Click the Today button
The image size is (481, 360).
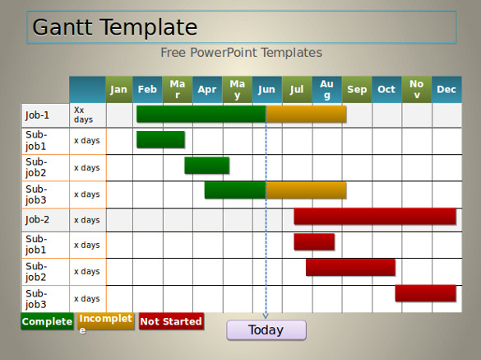tap(266, 330)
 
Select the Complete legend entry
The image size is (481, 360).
tap(47, 321)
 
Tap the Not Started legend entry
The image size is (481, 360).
tap(171, 321)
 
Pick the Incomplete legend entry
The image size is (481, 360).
tap(106, 321)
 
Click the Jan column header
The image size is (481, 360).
tap(119, 90)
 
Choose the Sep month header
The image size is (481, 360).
tap(357, 90)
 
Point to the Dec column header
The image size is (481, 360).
tap(446, 90)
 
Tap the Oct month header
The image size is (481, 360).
tap(386, 90)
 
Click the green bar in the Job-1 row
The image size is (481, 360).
tap(201, 114)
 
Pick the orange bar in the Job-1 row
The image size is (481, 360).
tap(306, 114)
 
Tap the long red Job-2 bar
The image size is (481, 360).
tap(375, 216)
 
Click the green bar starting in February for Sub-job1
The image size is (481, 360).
tap(160, 139)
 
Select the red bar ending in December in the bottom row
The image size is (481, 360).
tap(425, 293)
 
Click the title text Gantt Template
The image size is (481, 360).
tap(115, 27)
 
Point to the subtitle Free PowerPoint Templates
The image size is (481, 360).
tap(242, 53)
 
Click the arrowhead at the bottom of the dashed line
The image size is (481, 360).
tap(266, 316)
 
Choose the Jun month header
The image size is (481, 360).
tap(267, 90)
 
